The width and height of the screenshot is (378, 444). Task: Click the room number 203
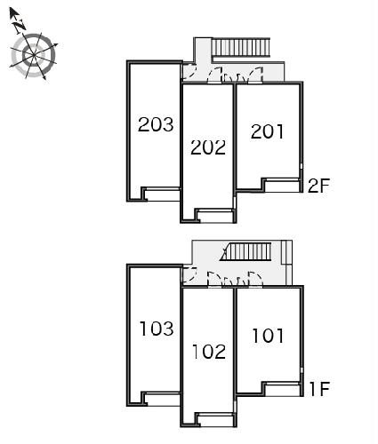pyautogui.click(x=156, y=124)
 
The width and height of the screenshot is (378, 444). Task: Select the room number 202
pyautogui.click(x=208, y=147)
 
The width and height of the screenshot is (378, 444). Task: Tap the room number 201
pyautogui.click(x=267, y=131)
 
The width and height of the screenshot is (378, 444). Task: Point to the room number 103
pyautogui.click(x=157, y=329)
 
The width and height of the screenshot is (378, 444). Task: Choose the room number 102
pyautogui.click(x=209, y=352)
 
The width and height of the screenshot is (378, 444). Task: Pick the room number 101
pyautogui.click(x=268, y=336)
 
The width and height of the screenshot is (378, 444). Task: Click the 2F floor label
pyautogui.click(x=318, y=186)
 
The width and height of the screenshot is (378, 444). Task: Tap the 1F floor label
pyautogui.click(x=319, y=389)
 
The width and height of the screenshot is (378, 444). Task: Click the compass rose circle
pyautogui.click(x=34, y=55)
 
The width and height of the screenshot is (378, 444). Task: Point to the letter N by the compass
pyautogui.click(x=19, y=25)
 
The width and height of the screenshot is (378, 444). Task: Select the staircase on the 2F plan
pyautogui.click(x=241, y=47)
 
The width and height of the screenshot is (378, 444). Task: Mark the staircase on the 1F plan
pyautogui.click(x=245, y=251)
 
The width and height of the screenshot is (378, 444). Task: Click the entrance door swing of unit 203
pyautogui.click(x=189, y=72)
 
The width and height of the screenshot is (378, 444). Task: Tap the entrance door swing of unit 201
pyautogui.click(x=256, y=75)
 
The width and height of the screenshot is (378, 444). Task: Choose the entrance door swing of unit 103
pyautogui.click(x=189, y=275)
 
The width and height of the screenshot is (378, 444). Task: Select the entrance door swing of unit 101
pyautogui.click(x=255, y=279)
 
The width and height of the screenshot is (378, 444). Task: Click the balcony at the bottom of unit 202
pyautogui.click(x=215, y=216)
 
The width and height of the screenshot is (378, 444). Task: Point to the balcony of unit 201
pyautogui.click(x=282, y=185)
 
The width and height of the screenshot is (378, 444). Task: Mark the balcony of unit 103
pyautogui.click(x=162, y=399)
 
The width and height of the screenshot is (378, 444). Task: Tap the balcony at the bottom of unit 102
pyautogui.click(x=216, y=420)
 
